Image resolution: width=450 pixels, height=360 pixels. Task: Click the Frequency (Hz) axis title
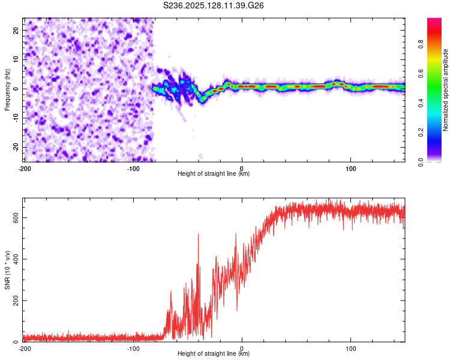tap(7, 89)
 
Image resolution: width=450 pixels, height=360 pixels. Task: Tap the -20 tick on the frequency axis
tap(15, 147)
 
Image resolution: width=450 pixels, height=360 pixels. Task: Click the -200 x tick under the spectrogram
tap(25, 167)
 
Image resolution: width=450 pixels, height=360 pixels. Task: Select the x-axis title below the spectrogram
tap(214, 174)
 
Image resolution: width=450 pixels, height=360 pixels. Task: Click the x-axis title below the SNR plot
tap(214, 354)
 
